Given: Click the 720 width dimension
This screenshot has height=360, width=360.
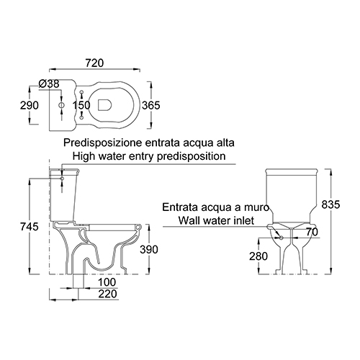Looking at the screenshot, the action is (94, 63).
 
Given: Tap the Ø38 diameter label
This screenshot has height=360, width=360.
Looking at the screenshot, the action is (49, 84).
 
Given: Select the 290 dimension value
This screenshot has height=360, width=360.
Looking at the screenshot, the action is (30, 105).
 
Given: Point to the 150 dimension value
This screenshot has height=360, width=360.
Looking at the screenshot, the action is (81, 105).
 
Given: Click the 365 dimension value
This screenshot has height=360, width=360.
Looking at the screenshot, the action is (150, 105).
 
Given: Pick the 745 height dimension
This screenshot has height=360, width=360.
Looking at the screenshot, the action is (30, 227).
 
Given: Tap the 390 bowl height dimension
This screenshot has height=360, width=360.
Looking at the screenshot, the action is (149, 250).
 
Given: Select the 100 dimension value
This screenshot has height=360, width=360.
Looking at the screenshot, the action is (107, 282).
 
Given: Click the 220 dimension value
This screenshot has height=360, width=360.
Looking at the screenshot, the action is (108, 294).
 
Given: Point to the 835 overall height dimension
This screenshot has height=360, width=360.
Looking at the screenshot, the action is (330, 204).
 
